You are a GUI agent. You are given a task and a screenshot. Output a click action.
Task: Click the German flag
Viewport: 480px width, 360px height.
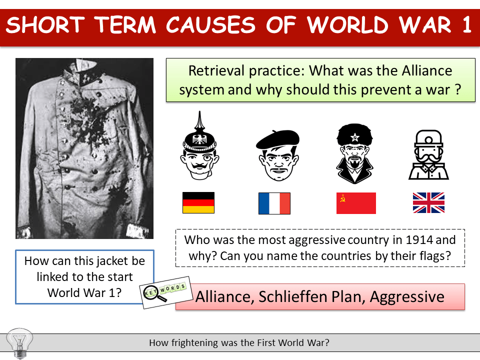click(x=198, y=203)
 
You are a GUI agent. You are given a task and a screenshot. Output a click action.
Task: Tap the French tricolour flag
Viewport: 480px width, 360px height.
click(x=274, y=203)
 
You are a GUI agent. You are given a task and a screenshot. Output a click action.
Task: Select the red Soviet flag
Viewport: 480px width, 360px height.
click(x=356, y=203)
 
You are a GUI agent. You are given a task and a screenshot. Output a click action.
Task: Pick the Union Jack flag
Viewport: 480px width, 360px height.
click(x=428, y=203)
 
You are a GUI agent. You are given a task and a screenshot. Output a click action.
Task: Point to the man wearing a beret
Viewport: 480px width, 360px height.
click(x=277, y=155)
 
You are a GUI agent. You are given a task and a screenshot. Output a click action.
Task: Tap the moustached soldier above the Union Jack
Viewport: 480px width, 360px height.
click(x=428, y=155)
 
